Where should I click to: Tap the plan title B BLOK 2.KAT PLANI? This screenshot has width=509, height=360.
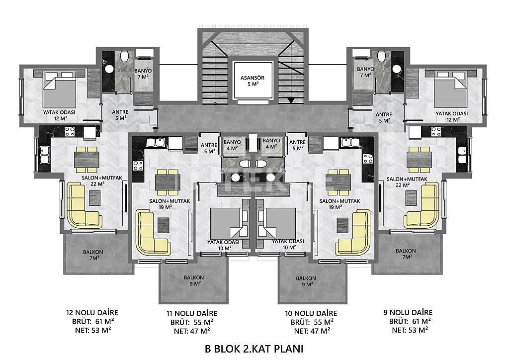click(254, 349)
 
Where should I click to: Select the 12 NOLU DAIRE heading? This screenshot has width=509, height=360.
click(92, 313)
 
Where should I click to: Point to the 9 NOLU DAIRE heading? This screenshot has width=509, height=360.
click(408, 312)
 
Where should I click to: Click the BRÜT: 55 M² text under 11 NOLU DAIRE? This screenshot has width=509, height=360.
click(192, 322)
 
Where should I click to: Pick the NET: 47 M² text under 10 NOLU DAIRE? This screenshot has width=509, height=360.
click(312, 331)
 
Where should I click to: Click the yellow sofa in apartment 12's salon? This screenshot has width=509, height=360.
click(84, 205)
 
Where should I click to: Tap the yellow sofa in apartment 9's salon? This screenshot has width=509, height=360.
click(422, 205)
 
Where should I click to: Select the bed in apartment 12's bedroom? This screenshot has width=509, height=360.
click(60, 88)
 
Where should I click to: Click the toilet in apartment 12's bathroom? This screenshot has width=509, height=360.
click(124, 57)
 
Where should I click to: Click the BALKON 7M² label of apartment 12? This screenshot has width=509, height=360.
click(93, 255)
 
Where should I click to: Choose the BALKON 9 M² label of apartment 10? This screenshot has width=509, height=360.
click(306, 281)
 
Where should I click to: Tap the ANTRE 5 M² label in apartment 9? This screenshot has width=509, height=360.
click(384, 117)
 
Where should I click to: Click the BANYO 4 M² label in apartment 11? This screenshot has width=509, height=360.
click(232, 145)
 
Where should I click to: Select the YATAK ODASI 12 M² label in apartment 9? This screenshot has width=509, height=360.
click(452, 116)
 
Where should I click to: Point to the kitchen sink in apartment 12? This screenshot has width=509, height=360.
click(44, 155)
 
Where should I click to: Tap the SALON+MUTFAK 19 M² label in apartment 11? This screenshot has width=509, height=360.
click(170, 204)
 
